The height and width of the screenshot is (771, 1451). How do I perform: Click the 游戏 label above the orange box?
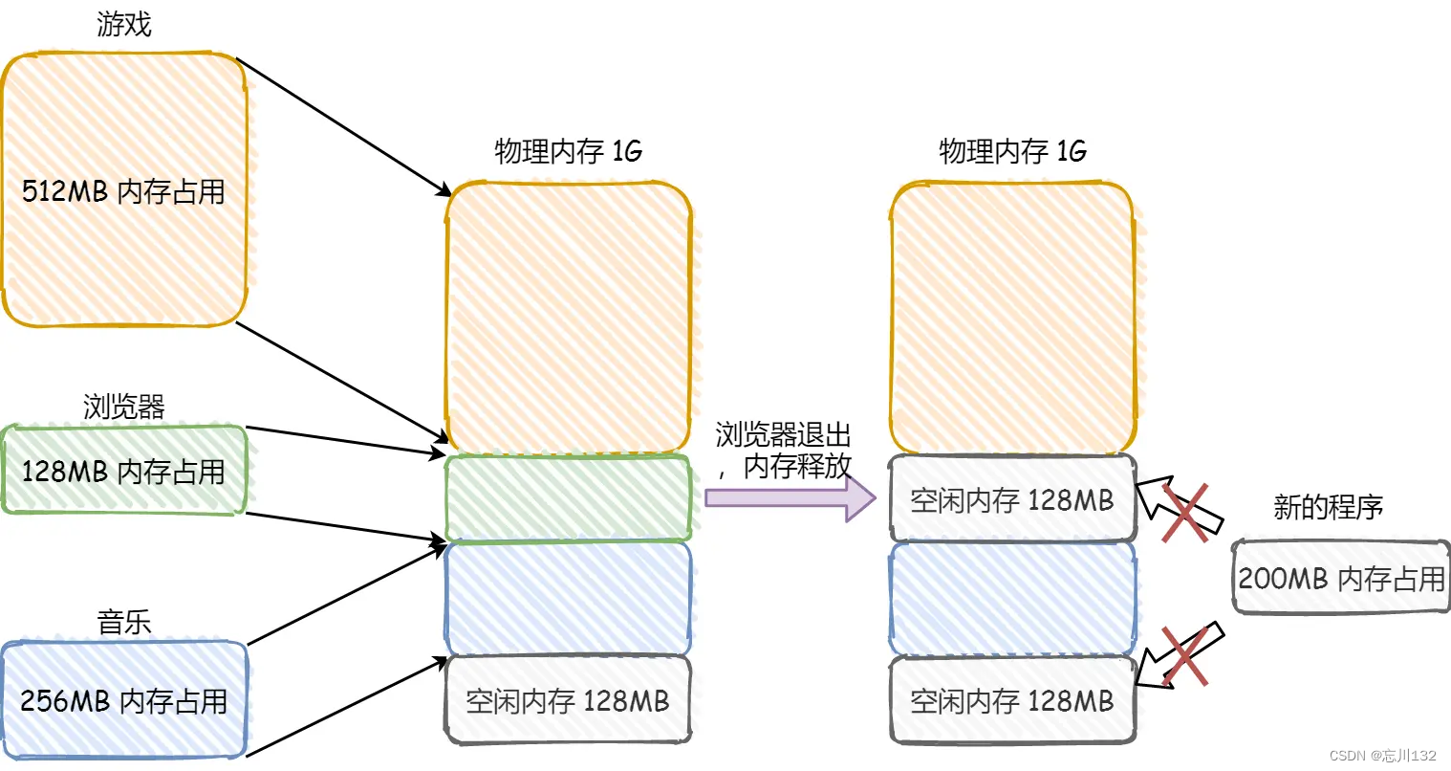124,24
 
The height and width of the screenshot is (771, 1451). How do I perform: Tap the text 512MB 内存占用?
123,191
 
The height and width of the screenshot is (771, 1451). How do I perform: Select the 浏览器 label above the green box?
124,407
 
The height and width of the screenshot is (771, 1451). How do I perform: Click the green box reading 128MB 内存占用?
124,471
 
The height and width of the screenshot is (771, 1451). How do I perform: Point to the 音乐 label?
124,622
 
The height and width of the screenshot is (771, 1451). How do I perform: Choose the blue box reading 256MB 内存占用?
124,700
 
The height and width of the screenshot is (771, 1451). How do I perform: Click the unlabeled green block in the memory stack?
568,497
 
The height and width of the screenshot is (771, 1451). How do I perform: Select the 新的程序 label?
1328,507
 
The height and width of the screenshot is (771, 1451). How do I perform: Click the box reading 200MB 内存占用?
1341,578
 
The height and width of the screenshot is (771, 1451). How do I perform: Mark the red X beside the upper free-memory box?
1184,512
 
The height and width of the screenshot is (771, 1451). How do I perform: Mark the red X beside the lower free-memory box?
1183,655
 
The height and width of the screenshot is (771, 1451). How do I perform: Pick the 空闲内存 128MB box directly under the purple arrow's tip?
1012,499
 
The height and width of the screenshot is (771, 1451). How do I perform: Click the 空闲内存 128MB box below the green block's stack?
568,700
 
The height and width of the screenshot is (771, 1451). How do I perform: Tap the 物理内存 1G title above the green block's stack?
568,150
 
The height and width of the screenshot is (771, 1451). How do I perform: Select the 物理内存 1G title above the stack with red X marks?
1012,150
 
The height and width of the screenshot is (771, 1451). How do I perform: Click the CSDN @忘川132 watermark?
1382,756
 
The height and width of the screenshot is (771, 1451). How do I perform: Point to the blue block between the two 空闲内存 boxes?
1012,599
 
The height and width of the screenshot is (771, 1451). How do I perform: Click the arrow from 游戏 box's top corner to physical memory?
344,127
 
